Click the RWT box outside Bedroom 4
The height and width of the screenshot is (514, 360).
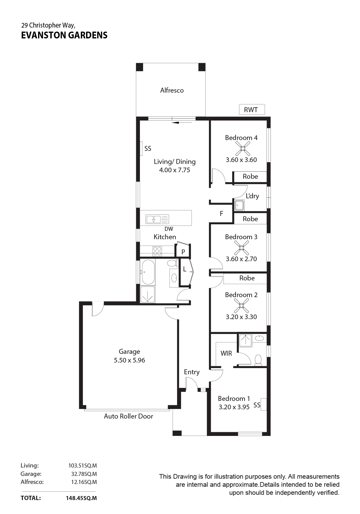(252, 109)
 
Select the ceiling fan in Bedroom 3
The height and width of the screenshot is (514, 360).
(241, 248)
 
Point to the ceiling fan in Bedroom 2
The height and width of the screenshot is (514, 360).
(241, 305)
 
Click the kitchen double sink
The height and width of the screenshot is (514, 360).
(157, 219)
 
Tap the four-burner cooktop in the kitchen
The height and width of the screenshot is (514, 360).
(157, 251)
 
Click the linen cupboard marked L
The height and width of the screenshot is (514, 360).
(184, 269)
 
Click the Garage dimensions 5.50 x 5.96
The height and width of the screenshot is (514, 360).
(129, 360)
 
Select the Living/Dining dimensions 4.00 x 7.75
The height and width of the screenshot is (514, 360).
(175, 170)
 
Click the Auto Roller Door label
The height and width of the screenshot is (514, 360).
(128, 416)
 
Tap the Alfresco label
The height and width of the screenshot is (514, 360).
(172, 90)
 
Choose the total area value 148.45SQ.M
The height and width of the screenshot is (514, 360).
(81, 498)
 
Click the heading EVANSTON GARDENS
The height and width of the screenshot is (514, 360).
(64, 35)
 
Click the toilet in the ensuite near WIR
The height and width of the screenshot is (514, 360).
(258, 360)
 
